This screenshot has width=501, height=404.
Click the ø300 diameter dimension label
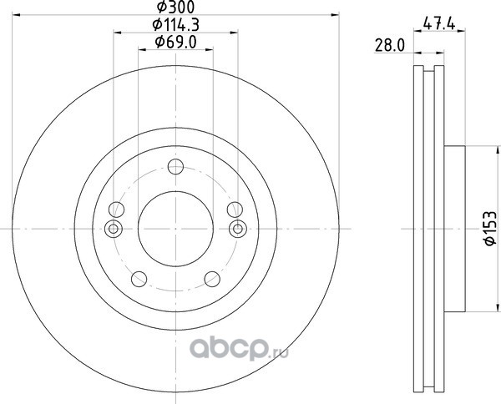175,7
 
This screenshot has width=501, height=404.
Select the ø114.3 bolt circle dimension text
175,24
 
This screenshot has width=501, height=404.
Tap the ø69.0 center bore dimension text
175,43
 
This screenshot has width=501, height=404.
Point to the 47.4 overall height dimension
439,24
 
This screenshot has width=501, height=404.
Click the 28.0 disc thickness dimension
389,45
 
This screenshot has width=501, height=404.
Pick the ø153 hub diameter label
490,228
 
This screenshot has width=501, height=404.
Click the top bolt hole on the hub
175,166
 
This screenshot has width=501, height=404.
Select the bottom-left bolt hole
139,279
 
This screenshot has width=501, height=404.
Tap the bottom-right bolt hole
212,279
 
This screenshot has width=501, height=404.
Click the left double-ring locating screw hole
113,229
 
